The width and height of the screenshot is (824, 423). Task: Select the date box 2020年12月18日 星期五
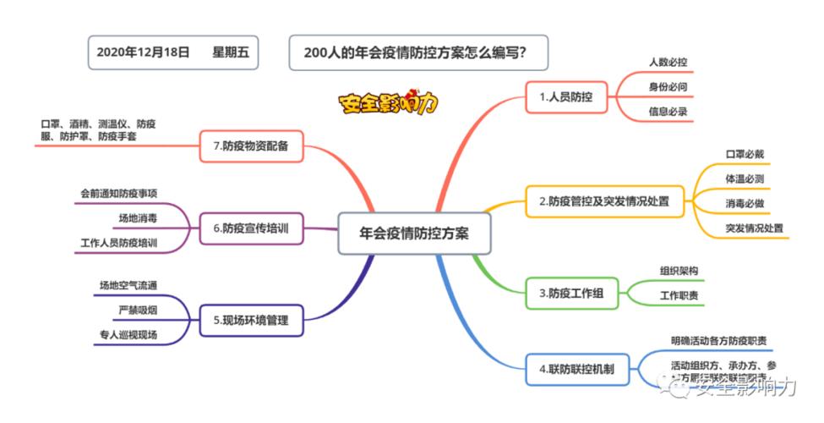(172, 52)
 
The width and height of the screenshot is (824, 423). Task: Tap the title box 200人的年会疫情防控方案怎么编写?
(417, 52)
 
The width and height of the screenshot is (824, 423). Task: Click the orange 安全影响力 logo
(389, 102)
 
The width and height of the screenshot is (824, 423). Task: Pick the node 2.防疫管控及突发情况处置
(603, 201)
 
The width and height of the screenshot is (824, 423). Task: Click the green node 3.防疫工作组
(571, 294)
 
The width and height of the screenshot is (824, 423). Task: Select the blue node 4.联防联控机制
(576, 369)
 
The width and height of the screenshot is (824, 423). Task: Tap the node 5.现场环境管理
(250, 321)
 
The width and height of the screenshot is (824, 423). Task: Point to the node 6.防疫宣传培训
(251, 228)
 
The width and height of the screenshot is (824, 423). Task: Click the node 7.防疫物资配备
(251, 146)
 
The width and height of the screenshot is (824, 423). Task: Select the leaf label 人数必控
(668, 63)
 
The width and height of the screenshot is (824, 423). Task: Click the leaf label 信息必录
(668, 112)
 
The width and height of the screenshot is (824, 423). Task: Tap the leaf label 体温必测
(745, 179)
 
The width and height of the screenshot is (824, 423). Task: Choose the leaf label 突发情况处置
(754, 228)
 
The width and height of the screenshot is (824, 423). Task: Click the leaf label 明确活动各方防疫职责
(718, 340)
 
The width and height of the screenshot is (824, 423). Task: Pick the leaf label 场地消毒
(138, 218)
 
